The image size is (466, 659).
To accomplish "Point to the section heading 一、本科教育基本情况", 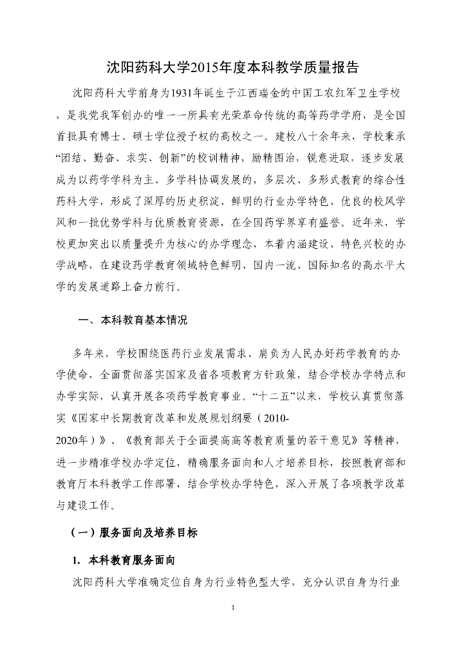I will pyautogui.click(x=133, y=319).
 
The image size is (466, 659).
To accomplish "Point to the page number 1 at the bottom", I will pyautogui.click(x=232, y=608).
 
